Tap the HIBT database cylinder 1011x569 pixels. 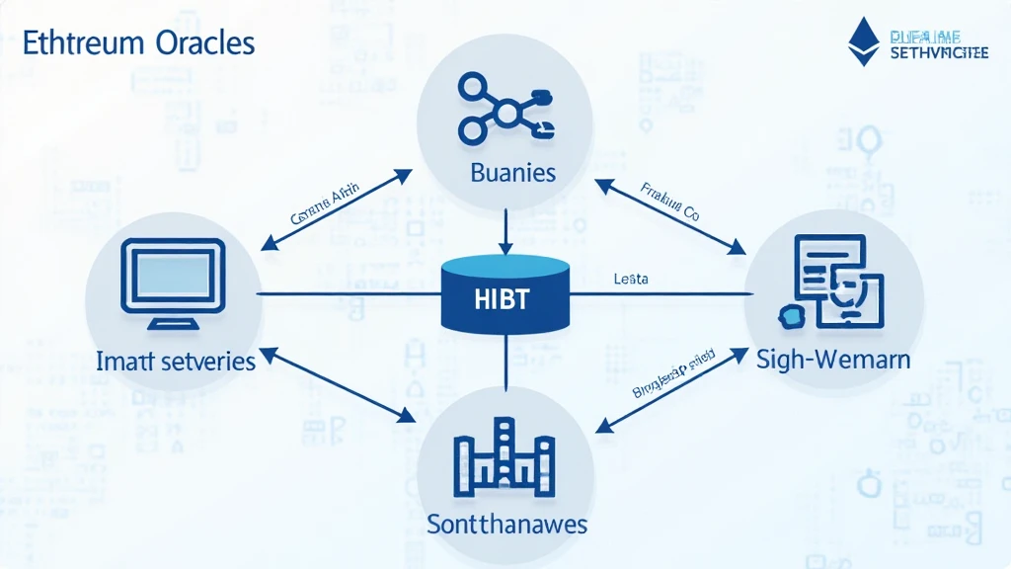[505, 293]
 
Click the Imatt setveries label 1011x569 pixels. [176, 361]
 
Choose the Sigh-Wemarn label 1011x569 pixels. [833, 360]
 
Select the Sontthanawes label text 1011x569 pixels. [506, 523]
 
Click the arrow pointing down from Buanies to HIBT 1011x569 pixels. [505, 233]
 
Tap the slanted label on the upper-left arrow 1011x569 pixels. [325, 203]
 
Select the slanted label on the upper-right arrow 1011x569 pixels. [668, 202]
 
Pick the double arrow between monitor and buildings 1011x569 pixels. [337, 386]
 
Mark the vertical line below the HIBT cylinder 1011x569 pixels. [505, 361]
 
